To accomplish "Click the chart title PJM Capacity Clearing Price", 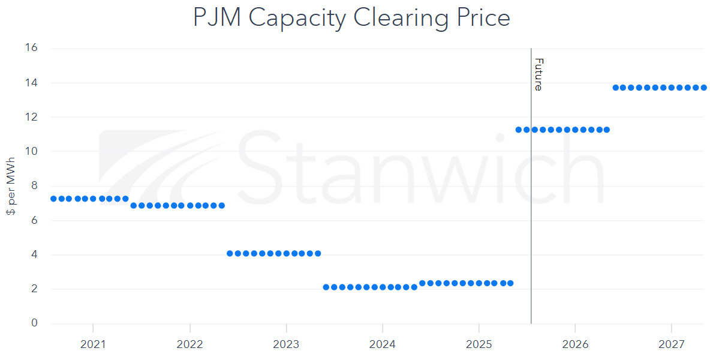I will coord(351,18).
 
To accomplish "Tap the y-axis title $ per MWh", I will coord(11,185).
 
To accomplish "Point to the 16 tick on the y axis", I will coord(31,48).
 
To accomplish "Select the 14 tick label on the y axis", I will coord(31,82).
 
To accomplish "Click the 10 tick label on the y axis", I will coord(31,151).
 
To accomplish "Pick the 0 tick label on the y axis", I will coord(34,323).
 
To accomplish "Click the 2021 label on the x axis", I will coord(93,344).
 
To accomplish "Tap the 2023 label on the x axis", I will coord(286,344).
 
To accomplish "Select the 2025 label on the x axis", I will coord(479,344).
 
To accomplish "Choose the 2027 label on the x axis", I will coord(671,344).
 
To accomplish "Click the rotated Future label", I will coord(538,74).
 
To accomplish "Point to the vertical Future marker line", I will coord(531,210).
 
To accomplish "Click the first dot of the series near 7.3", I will coord(53,199).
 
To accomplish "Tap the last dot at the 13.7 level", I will coord(703,88).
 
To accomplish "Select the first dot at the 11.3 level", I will coord(519,130).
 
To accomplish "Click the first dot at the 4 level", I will coord(230,253).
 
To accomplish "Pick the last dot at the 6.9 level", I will coord(221,205).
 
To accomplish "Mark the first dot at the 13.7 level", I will coord(615,88).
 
